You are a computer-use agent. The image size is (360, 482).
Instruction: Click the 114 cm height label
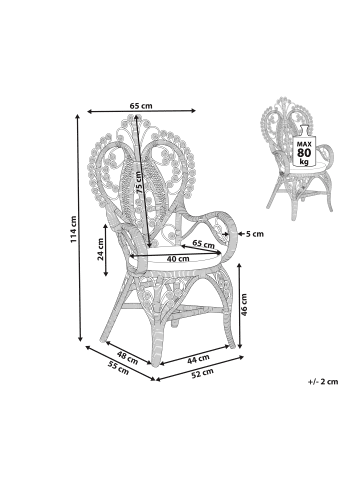tap(74, 229)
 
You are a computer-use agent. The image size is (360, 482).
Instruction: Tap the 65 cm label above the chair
tap(141, 106)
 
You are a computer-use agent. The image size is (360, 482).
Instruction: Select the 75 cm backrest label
tap(139, 183)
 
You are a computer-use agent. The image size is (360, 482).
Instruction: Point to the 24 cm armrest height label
tap(100, 249)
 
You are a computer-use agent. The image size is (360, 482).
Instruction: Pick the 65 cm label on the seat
tap(203, 244)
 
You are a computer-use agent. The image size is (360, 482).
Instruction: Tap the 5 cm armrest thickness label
tap(255, 234)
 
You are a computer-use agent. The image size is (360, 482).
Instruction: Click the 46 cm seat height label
tap(244, 305)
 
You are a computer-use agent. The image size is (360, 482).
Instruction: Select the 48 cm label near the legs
tap(127, 357)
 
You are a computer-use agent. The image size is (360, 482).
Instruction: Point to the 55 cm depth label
tap(118, 368)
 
